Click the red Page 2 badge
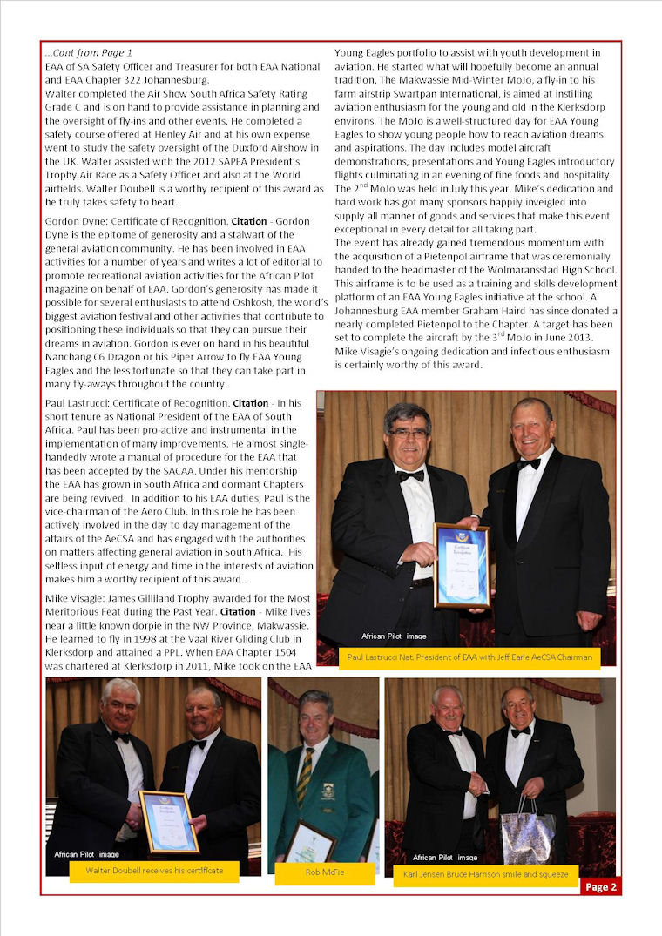(601, 886)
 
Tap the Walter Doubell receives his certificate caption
(154, 871)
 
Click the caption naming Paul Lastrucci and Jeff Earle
(468, 657)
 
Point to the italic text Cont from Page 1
(89, 53)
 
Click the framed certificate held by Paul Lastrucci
(461, 565)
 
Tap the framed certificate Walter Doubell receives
(169, 822)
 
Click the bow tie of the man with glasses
(410, 475)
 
